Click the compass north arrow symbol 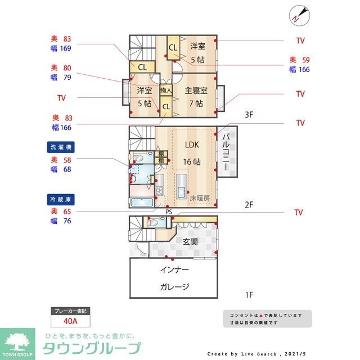coord(298,15)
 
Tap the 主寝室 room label coord(196,91)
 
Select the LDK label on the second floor coord(192,144)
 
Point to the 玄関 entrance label coord(190,242)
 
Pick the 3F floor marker coord(250,115)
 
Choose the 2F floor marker coord(250,205)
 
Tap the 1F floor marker coord(250,294)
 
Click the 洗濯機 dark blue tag coord(61,147)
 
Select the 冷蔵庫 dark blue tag coord(61,199)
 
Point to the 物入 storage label coord(165,90)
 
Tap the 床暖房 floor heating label coord(200,198)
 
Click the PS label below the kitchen coord(169,212)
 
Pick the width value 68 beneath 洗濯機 coord(67,169)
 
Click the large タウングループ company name coord(92,348)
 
